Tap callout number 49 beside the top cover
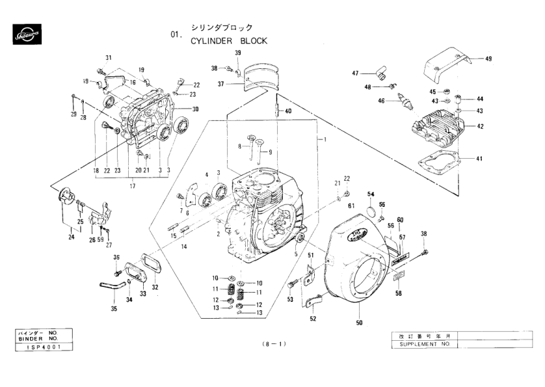point(488,59)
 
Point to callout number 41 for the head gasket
point(479,159)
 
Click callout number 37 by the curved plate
point(220,84)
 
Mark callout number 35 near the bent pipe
point(114,309)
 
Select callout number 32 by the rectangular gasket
point(155,287)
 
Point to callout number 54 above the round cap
point(371,194)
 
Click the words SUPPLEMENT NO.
point(420,344)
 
